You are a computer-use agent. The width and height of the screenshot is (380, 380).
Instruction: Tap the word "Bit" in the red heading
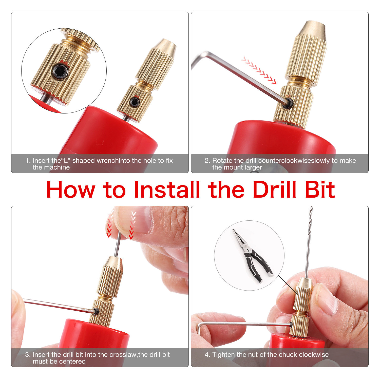tap(320, 189)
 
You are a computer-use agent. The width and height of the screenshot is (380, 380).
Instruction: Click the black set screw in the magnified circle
tap(61, 72)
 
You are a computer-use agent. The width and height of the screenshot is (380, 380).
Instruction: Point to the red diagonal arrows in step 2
tap(259, 70)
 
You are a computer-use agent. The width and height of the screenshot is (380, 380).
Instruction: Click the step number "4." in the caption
tap(207, 355)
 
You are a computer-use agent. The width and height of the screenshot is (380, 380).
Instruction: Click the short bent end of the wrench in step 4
tap(199, 329)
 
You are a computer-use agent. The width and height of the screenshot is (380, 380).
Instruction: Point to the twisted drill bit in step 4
tap(309, 242)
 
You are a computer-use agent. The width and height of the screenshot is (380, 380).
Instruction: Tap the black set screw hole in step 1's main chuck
tap(134, 102)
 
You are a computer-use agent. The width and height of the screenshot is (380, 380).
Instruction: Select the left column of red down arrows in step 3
tap(109, 225)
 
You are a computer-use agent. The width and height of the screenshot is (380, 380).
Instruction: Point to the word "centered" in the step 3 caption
tap(72, 362)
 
